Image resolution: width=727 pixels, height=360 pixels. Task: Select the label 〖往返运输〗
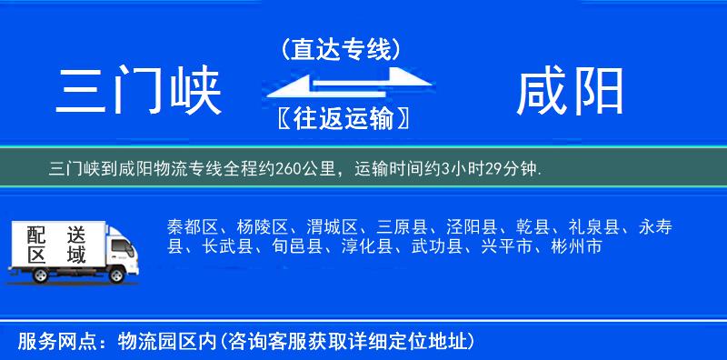(x=340, y=116)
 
